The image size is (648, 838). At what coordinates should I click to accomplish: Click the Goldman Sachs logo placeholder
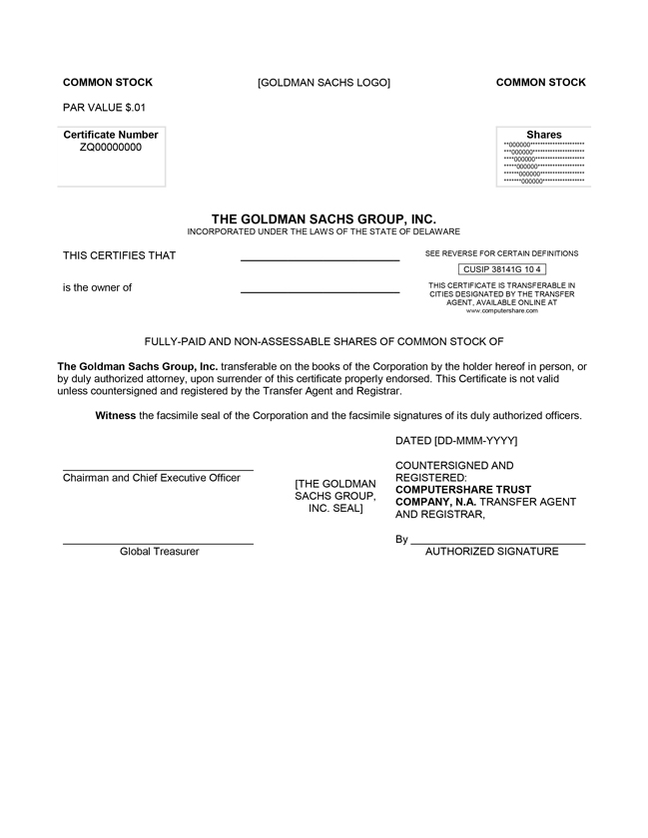[324, 83]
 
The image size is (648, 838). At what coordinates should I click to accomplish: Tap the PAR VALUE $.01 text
[104, 107]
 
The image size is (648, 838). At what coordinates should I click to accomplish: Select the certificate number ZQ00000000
[111, 148]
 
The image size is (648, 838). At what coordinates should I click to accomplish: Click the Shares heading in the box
[544, 135]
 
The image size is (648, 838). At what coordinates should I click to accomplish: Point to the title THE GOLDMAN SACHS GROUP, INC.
[324, 218]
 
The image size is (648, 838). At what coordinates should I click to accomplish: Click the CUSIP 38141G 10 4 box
[502, 269]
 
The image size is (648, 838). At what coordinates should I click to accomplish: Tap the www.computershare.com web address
[502, 310]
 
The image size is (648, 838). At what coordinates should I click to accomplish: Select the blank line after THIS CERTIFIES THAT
[320, 260]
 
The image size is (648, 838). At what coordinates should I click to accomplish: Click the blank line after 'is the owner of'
[320, 292]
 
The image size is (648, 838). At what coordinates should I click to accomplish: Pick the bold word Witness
[115, 415]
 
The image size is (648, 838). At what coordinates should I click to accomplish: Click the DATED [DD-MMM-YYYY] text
[456, 440]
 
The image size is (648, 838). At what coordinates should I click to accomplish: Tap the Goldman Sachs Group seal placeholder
[335, 496]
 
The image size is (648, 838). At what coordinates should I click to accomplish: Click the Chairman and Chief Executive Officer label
[152, 478]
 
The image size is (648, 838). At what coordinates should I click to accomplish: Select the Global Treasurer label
[160, 552]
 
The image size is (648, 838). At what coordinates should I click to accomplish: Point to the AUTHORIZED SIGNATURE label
[492, 552]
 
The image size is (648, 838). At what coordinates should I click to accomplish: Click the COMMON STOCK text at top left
[108, 83]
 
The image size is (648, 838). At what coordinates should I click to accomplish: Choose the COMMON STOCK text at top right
[541, 83]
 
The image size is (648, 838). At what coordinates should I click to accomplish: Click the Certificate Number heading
[111, 135]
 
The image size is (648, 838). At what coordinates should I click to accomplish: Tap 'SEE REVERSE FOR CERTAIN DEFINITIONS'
[501, 253]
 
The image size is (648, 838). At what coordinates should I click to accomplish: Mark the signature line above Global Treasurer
[158, 544]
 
